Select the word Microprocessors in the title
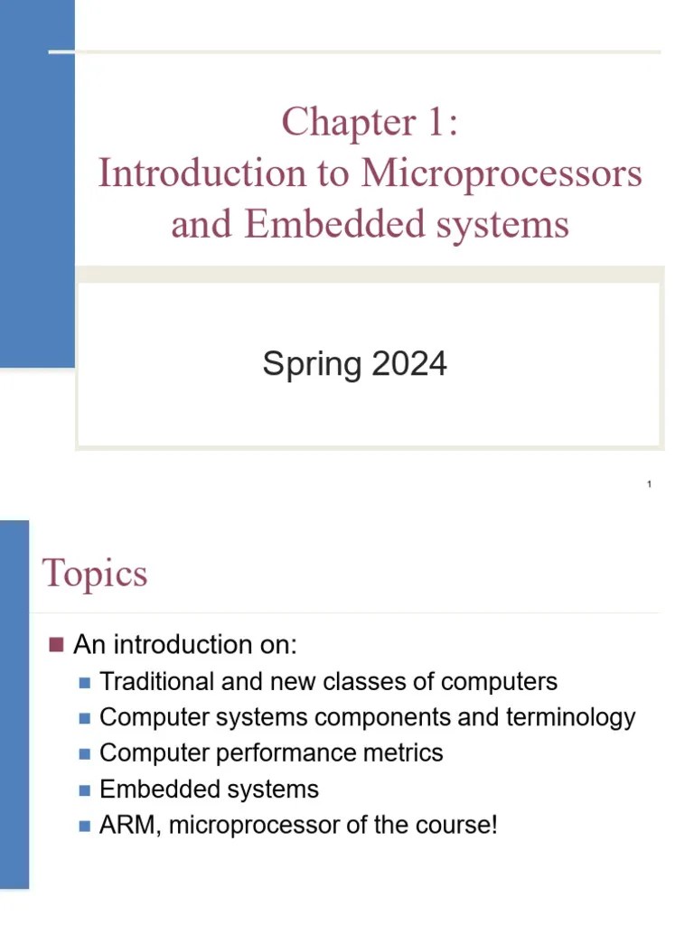coord(502,173)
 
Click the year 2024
coord(409,364)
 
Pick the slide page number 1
coord(649,485)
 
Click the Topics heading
coord(95,574)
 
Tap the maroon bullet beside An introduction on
coord(56,644)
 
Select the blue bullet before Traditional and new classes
coord(85,682)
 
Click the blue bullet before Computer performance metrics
coord(85,753)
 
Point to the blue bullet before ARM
coord(85,826)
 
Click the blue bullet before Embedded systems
coord(85,790)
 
